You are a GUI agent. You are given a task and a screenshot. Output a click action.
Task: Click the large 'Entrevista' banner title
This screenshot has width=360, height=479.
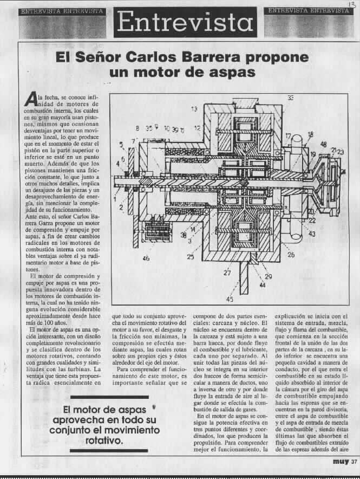point(185,22)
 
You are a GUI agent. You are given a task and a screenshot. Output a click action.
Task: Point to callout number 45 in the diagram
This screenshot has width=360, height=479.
point(231,299)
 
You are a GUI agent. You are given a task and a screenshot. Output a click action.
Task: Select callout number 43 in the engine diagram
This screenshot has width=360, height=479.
point(312,234)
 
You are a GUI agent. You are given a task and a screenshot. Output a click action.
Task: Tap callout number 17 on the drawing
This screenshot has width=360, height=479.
point(288,136)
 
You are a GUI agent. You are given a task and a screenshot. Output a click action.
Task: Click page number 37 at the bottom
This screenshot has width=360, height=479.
point(354,462)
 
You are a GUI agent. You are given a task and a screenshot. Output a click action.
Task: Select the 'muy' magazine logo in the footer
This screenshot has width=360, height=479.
point(341,462)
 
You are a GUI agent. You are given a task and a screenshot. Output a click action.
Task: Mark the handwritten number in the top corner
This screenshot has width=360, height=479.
point(345,4)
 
